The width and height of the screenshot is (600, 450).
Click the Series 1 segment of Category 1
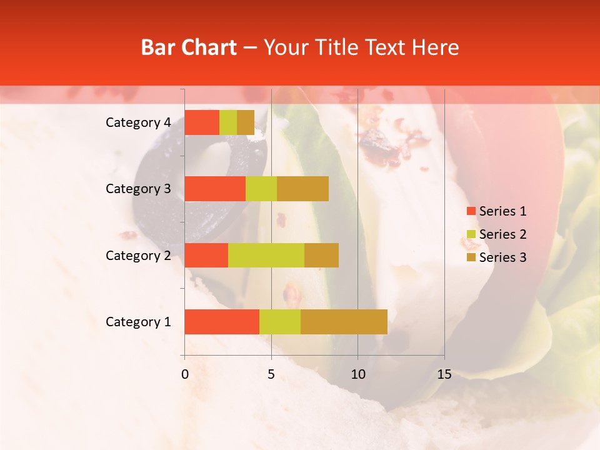[222, 322]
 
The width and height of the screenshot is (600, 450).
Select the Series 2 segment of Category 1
[280, 322]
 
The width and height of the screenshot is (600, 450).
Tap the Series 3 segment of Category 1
[344, 322]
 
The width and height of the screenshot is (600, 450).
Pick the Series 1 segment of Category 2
[206, 255]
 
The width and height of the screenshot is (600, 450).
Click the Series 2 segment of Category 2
[266, 255]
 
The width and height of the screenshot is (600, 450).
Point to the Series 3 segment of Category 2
[321, 255]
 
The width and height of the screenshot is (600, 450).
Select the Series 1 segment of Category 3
[215, 189]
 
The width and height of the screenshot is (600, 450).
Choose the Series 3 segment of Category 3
[302, 189]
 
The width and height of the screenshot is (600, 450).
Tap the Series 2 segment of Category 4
[228, 122]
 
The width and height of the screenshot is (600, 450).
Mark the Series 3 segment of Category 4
[246, 122]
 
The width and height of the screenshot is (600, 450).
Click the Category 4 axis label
[138, 122]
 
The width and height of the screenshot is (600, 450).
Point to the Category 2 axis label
[138, 255]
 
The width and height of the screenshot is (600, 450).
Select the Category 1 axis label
[138, 322]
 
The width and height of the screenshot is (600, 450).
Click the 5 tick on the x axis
[271, 374]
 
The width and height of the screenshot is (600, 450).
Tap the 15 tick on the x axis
[444, 374]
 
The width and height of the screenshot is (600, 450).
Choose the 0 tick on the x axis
[185, 374]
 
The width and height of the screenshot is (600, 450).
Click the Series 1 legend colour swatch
[471, 211]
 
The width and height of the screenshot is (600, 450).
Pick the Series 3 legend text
[502, 257]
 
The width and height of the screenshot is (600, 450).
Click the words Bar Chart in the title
[189, 47]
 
